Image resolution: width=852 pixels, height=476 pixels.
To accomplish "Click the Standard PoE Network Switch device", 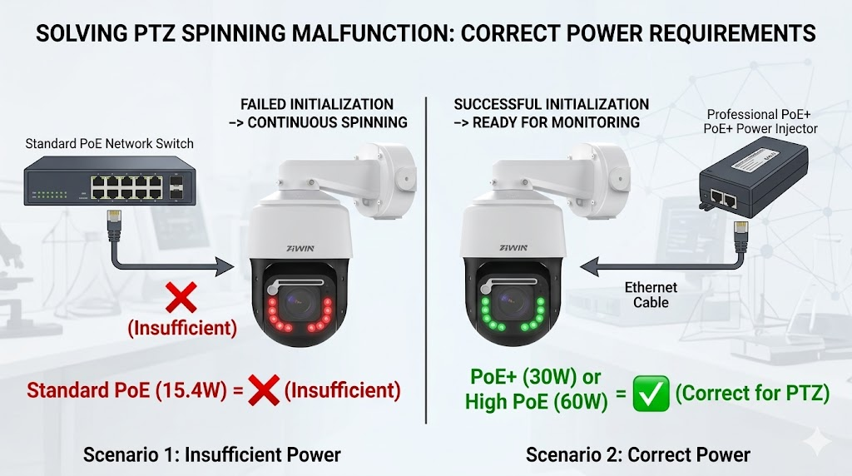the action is click(x=110, y=181).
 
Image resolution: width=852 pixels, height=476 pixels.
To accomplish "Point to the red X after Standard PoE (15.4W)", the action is click(x=264, y=389).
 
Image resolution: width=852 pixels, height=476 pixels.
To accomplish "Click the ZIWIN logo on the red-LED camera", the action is click(x=300, y=248).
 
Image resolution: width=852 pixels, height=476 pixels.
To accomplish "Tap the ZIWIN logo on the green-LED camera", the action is click(x=513, y=248).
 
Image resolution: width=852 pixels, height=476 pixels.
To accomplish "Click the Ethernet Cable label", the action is click(x=651, y=295).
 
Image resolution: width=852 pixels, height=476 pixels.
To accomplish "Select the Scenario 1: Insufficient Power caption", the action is click(x=212, y=454).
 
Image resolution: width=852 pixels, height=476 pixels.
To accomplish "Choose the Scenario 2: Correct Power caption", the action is click(x=638, y=454).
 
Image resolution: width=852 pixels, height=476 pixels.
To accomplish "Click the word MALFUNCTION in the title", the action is click(x=373, y=33).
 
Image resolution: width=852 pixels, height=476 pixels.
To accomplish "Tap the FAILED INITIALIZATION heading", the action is click(x=317, y=104).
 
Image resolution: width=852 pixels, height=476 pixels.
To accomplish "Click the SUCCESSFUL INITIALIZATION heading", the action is click(x=551, y=104).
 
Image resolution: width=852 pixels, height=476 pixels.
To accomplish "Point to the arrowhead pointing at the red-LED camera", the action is click(x=224, y=266).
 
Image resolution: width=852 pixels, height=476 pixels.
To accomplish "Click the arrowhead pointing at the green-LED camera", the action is click(x=590, y=266).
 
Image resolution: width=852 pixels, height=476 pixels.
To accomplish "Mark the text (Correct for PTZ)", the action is click(x=752, y=392).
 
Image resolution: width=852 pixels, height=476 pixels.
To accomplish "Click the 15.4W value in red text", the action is click(x=197, y=390).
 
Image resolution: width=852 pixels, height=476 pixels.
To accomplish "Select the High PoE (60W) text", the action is click(x=536, y=402).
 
